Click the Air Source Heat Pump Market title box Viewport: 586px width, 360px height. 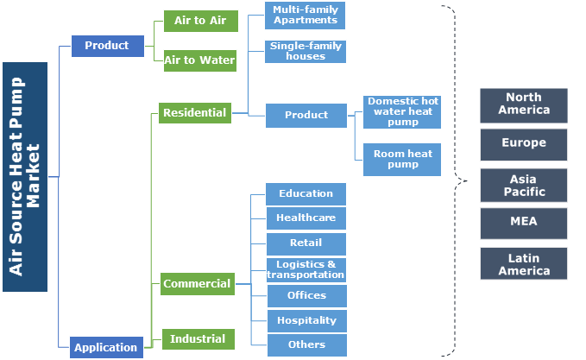click(24, 177)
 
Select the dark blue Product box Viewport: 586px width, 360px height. click(107, 46)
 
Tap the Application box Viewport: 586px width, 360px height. click(105, 347)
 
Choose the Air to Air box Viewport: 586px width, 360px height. click(199, 21)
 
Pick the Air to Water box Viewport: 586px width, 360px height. click(199, 60)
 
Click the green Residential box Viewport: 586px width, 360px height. click(194, 112)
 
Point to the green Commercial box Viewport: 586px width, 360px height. click(197, 283)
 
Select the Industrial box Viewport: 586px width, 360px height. click(198, 338)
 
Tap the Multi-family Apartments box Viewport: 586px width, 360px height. click(306, 15)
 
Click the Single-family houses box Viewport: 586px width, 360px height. click(306, 51)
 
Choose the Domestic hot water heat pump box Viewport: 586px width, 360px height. click(402, 112)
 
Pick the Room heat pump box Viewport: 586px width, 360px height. click(402, 159)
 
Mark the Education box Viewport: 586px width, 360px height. click(306, 194)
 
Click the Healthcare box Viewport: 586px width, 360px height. click(306, 218)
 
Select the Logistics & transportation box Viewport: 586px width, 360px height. click(306, 269)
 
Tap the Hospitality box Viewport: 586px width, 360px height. click(306, 320)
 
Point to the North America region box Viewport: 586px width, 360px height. click(524, 104)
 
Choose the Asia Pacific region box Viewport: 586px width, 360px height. click(524, 185)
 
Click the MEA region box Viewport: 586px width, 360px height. click(524, 222)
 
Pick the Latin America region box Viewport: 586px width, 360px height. click(524, 264)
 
